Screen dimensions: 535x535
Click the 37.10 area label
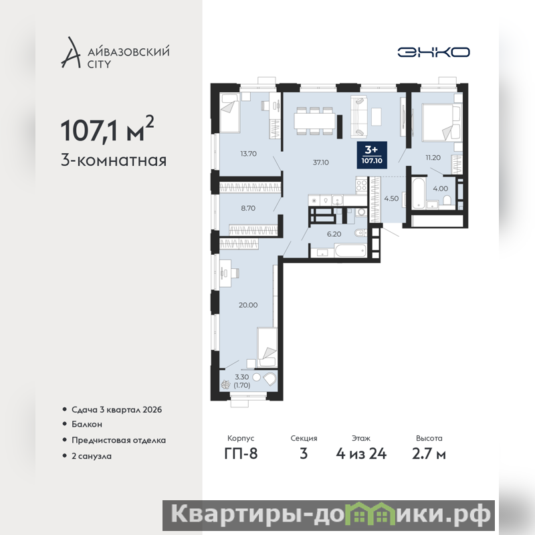[x=321, y=163]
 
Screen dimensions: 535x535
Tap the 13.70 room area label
[x=248, y=154]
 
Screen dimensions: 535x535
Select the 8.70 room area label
[x=248, y=208]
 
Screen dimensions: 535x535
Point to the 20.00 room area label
[x=248, y=305]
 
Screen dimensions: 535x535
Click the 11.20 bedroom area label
[x=433, y=158]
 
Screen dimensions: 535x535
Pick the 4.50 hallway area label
[x=391, y=199]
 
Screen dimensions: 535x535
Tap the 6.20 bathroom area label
[x=334, y=234]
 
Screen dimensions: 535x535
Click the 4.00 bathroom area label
[x=441, y=189]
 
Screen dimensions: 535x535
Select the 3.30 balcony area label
[x=242, y=377]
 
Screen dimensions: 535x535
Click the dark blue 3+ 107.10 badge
[x=372, y=155]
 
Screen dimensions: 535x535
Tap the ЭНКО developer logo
[x=433, y=52]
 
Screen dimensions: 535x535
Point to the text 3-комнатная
[x=114, y=160]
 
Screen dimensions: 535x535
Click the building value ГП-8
[x=241, y=454]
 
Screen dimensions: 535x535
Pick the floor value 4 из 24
[x=361, y=454]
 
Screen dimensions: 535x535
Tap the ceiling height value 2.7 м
[x=429, y=454]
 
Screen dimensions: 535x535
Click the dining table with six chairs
[x=314, y=121]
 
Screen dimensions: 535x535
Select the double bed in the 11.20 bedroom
[x=441, y=122]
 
